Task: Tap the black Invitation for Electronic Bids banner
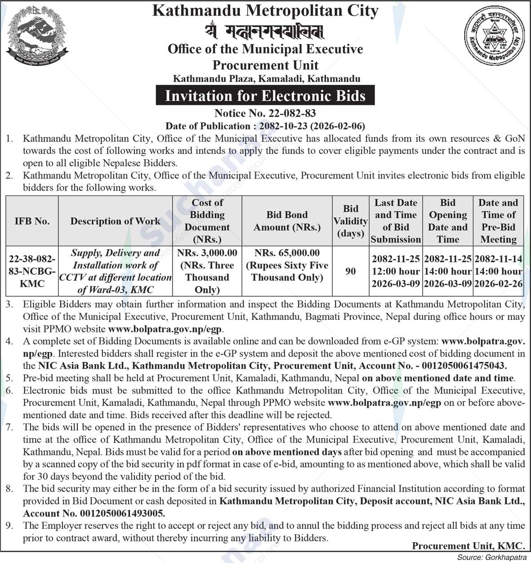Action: click(265, 96)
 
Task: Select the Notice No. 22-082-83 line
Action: click(265, 113)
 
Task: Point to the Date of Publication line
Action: click(265, 126)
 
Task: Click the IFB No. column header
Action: click(32, 221)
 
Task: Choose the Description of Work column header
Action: click(116, 221)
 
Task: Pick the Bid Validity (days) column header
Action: click(350, 221)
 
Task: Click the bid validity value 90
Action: click(350, 271)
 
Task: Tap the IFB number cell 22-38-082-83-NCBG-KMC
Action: click(32, 271)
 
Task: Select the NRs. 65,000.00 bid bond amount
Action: click(287, 253)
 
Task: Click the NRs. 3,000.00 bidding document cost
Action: click(207, 253)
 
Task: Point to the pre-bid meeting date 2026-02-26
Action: click(498, 284)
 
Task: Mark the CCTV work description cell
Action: click(116, 271)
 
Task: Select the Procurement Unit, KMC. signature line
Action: click(468, 546)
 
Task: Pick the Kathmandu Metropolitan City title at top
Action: click(265, 11)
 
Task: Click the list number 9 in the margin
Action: click(9, 525)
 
